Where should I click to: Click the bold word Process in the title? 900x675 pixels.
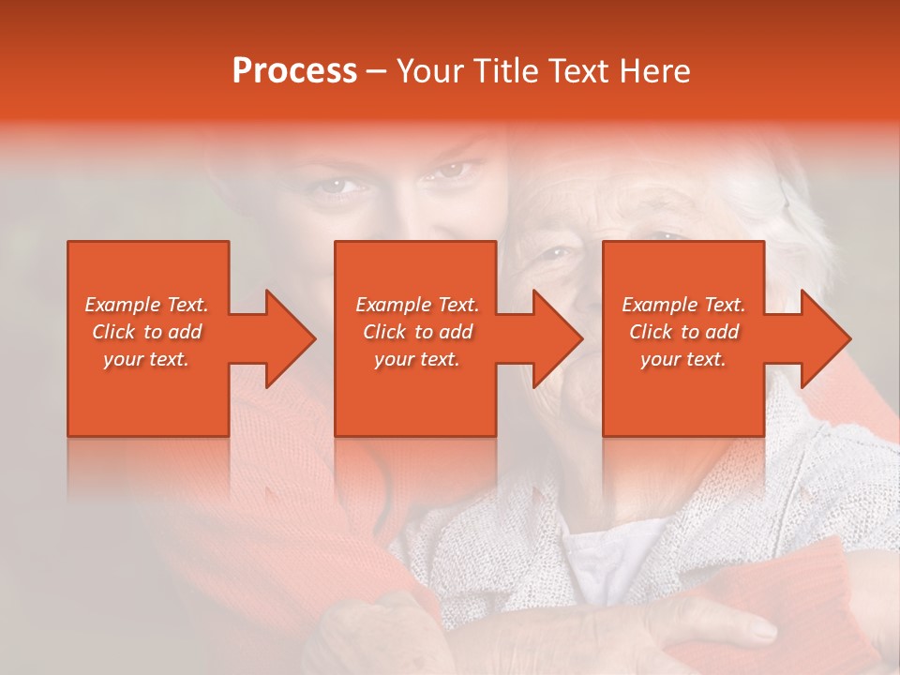(294, 70)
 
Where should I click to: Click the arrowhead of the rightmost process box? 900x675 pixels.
(825, 338)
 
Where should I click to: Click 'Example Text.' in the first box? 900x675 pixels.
(147, 305)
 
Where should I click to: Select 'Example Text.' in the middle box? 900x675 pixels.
(417, 305)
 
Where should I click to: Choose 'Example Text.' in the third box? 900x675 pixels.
(683, 305)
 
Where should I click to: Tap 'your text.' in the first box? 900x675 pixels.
(147, 359)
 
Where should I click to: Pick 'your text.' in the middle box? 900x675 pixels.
(417, 359)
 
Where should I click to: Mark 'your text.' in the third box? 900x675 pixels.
(683, 359)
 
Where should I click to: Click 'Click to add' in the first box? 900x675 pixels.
(147, 332)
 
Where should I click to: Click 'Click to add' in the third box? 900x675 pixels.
(683, 332)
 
